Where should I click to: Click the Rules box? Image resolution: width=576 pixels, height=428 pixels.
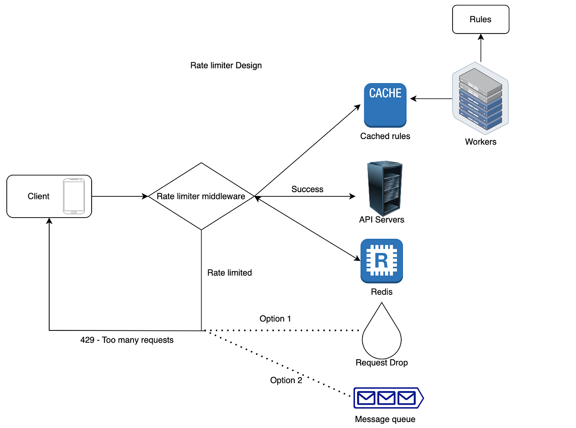pyautogui.click(x=480, y=20)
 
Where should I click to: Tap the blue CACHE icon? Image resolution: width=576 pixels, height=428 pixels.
pyautogui.click(x=385, y=105)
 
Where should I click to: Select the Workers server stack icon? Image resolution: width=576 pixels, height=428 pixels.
pyautogui.click(x=480, y=98)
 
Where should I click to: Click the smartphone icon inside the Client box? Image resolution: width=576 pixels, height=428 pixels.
pyautogui.click(x=74, y=196)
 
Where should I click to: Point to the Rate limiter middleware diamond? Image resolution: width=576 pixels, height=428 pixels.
pyautogui.click(x=201, y=196)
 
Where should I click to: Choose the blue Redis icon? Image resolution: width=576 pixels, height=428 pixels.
pyautogui.click(x=381, y=260)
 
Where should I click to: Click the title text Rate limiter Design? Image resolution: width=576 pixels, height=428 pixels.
pyautogui.click(x=226, y=65)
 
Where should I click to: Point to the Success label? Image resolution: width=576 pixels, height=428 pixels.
pyautogui.click(x=307, y=189)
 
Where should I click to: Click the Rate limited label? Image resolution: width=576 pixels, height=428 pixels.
pyautogui.click(x=229, y=273)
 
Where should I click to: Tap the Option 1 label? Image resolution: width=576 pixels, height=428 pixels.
pyautogui.click(x=275, y=319)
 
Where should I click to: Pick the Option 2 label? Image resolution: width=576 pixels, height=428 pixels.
pyautogui.click(x=286, y=380)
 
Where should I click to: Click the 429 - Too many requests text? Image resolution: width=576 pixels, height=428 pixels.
pyautogui.click(x=127, y=340)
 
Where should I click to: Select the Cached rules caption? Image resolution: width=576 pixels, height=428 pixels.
pyautogui.click(x=385, y=136)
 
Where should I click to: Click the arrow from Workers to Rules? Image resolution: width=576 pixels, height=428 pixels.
pyautogui.click(x=481, y=48)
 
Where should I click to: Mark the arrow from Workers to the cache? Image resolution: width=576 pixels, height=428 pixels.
pyautogui.click(x=431, y=99)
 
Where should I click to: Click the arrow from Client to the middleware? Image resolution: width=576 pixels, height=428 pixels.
pyautogui.click(x=120, y=196)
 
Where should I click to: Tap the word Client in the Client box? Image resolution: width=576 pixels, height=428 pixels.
pyautogui.click(x=39, y=196)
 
